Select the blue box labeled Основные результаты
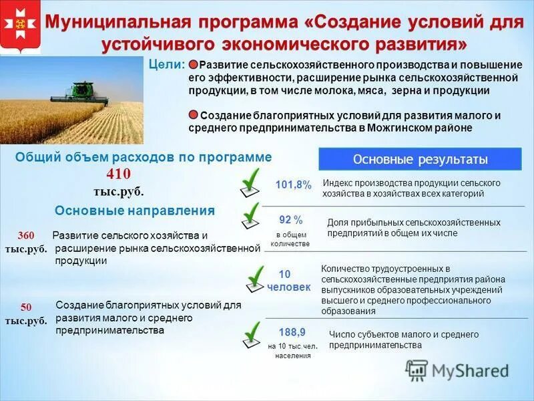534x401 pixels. (420, 160)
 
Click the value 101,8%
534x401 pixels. (293, 185)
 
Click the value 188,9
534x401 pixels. (292, 331)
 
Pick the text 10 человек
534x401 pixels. (288, 281)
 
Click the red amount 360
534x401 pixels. (26, 235)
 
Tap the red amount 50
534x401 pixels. (26, 307)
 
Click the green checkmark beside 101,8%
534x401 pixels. (250, 181)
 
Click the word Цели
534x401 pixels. (170, 64)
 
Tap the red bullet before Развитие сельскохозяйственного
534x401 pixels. (193, 65)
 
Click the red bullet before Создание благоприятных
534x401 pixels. (193, 115)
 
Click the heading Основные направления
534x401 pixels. (135, 211)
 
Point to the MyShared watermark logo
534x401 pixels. (458, 370)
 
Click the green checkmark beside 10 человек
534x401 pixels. (254, 278)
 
